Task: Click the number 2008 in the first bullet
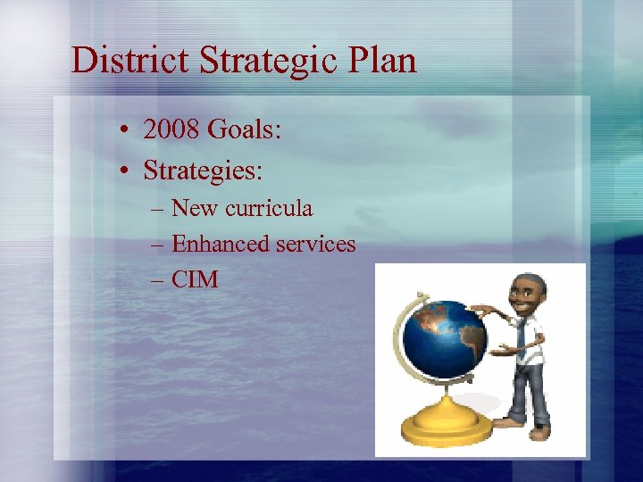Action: click(171, 131)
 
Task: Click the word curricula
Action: click(268, 208)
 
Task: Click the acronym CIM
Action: click(195, 279)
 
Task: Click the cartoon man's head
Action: click(527, 294)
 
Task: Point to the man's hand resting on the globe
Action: click(483, 310)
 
